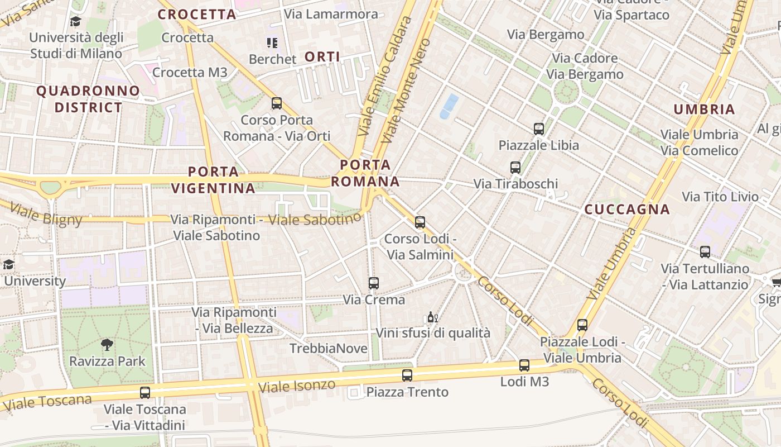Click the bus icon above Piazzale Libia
coord(539,129)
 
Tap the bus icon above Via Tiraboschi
coord(515,167)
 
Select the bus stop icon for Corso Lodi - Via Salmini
coord(420,222)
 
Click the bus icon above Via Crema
coord(374,283)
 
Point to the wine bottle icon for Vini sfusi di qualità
coord(432,317)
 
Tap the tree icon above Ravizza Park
coord(107,345)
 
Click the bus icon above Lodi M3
coord(524,365)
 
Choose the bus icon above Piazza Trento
coord(407,375)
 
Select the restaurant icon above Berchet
coord(272,43)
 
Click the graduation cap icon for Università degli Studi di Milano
coord(75,22)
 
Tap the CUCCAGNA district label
coord(627,210)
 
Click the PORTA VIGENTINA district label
coord(213,180)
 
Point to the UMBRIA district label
coord(704,110)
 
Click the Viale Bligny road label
coord(46,215)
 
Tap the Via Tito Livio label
coord(720,197)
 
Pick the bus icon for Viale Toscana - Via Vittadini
coord(145,393)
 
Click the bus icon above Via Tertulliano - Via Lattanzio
coord(705,252)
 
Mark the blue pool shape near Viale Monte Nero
coord(449,106)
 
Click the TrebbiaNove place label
coord(329,349)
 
